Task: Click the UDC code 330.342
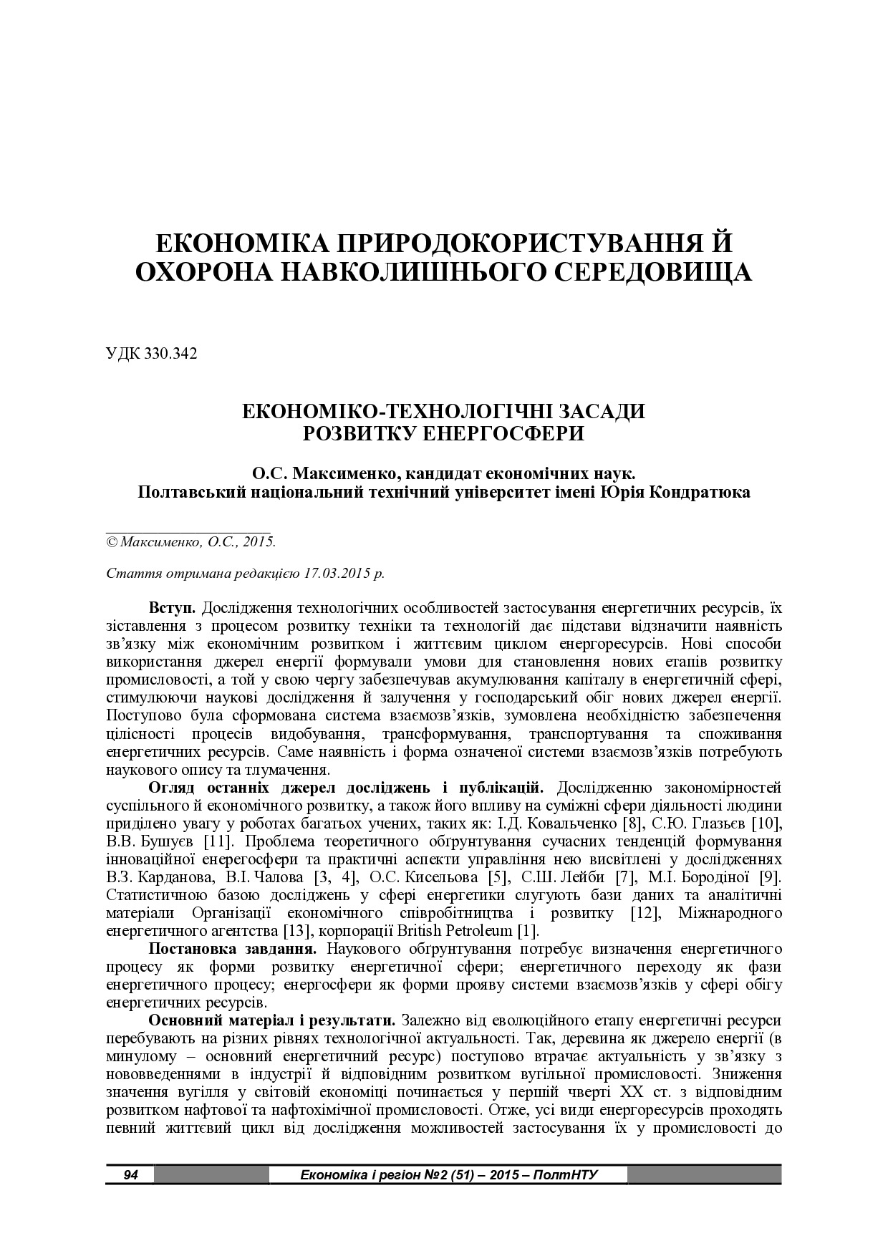tap(171, 354)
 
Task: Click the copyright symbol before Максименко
tap(112, 542)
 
